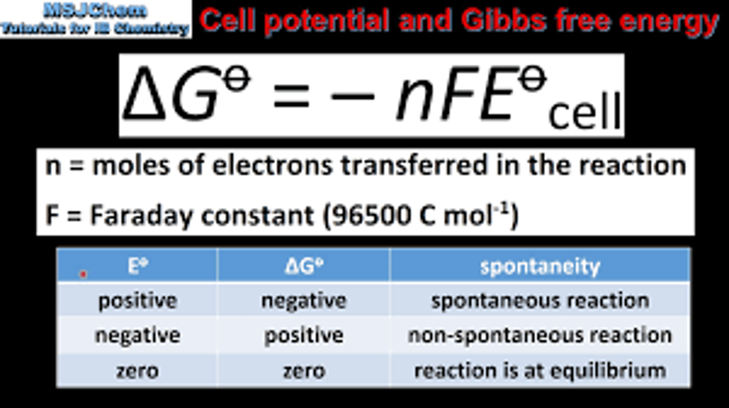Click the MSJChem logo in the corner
pyautogui.click(x=95, y=19)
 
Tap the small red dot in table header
pyautogui.click(x=84, y=274)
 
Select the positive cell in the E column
pyautogui.click(x=137, y=301)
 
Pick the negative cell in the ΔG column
pyautogui.click(x=303, y=301)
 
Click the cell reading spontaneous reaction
pyautogui.click(x=540, y=301)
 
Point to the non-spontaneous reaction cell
pyautogui.click(x=540, y=335)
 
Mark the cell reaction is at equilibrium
pyautogui.click(x=540, y=371)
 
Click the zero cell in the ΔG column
pyautogui.click(x=303, y=371)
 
